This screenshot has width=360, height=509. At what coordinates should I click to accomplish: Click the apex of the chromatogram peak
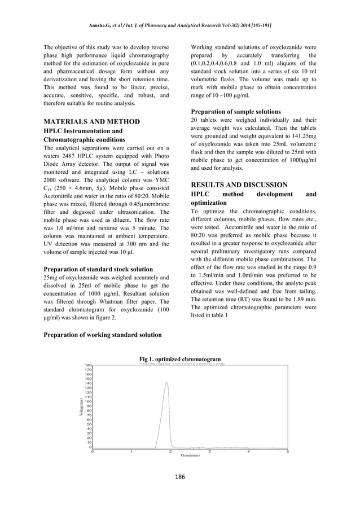(166, 382)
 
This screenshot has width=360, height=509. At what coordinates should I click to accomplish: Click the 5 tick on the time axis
(287, 451)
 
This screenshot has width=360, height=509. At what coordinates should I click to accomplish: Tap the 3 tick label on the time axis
(209, 451)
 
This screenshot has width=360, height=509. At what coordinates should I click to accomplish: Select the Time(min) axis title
(190, 455)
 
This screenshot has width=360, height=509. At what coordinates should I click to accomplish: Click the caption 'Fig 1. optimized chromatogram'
(179, 359)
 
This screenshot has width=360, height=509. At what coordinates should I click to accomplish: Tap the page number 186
(179, 477)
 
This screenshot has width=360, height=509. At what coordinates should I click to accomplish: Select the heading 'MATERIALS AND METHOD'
(91, 121)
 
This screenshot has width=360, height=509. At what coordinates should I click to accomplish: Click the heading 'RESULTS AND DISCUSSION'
(239, 185)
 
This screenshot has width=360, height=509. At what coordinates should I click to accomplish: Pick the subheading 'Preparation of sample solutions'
(236, 112)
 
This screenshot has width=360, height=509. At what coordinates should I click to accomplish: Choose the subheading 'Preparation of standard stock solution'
(98, 269)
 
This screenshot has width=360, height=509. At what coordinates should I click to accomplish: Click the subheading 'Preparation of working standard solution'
(102, 335)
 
